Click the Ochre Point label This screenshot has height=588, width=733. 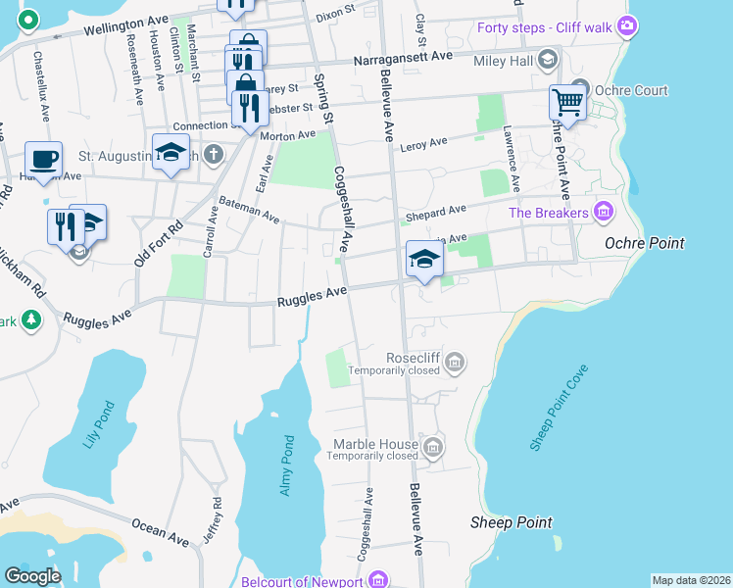coord(644,243)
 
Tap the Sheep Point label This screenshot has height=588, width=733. coord(511,522)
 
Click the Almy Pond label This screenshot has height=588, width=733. coord(287,464)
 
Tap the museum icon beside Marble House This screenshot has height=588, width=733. coord(433,448)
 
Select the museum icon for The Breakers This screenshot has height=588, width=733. coord(604,212)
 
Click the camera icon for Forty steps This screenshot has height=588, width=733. coord(627,25)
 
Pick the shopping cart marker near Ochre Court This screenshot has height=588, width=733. coord(566,101)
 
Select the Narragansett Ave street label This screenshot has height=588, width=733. coord(403,56)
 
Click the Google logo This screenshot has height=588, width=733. coord(32,575)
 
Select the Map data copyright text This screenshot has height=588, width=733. coord(690,580)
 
